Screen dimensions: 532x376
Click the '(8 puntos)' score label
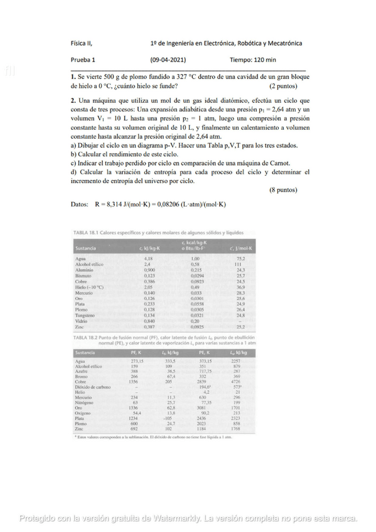coord(283,190)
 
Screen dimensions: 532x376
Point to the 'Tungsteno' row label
coord(85,314)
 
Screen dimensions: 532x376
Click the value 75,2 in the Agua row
coord(240,258)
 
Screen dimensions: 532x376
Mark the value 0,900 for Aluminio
coord(149,270)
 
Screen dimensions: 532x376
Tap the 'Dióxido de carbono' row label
coord(93,387)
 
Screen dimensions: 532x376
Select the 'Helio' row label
coord(80,392)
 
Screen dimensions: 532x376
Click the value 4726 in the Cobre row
coord(236,381)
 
